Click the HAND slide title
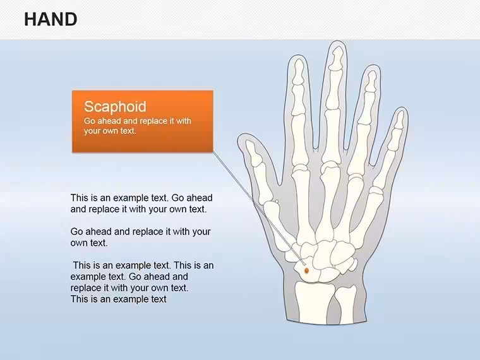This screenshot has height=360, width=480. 51,20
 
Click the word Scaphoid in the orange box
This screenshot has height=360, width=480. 115,107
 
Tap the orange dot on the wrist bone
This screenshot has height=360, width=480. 306,270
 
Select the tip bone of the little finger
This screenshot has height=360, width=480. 399,120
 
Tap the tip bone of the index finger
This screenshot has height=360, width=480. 298,71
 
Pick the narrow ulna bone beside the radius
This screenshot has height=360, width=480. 345,304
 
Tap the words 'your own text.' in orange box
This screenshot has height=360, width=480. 110,131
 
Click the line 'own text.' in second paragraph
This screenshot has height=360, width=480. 89,243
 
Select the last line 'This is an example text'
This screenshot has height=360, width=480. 119,299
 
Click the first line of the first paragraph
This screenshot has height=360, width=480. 141,198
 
